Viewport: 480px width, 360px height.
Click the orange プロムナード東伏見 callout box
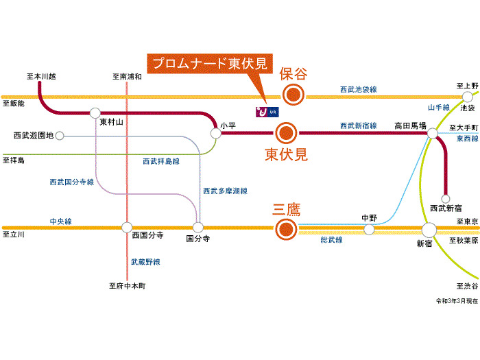pyautogui.click(x=211, y=64)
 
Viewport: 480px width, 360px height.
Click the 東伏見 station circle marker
pyautogui.click(x=285, y=132)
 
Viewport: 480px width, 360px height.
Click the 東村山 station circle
pyautogui.click(x=95, y=112)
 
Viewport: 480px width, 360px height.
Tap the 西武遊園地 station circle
pyautogui.click(x=60, y=136)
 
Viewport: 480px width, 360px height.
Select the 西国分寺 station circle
pyautogui.click(x=127, y=227)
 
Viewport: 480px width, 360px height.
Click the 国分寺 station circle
pyautogui.click(x=198, y=227)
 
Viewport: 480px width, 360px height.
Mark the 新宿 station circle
pyautogui.click(x=429, y=229)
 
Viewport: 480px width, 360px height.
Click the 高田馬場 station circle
pyautogui.click(x=433, y=134)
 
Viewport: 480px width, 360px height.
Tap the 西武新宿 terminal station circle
pyautogui.click(x=446, y=198)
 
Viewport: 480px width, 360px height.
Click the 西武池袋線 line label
pyautogui.click(x=359, y=90)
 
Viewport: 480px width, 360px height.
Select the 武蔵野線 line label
pyautogui.click(x=145, y=262)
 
